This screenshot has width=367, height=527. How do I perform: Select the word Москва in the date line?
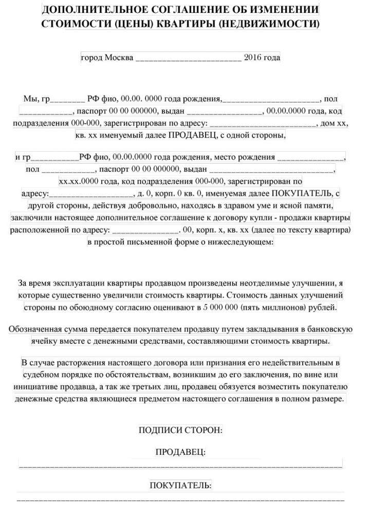[x=119, y=58]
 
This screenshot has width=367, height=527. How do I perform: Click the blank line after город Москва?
[x=188, y=59]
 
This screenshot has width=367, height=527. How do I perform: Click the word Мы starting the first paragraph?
[x=30, y=99]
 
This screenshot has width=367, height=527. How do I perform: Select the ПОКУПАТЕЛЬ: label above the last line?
[x=180, y=486]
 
